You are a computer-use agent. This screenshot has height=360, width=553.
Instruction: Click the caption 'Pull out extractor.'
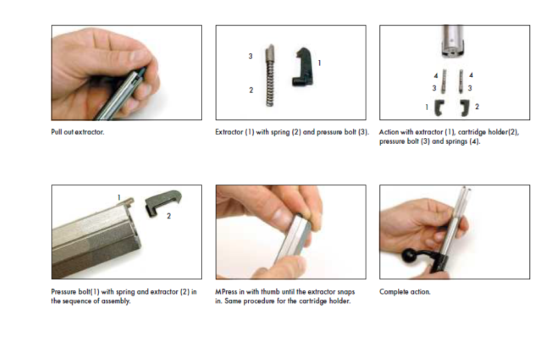click(x=77, y=132)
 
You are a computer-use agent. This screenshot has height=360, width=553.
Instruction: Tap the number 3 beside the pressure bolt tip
click(x=250, y=56)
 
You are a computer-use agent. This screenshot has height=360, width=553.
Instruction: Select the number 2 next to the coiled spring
click(x=251, y=91)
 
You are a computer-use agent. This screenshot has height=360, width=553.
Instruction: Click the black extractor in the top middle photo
click(x=303, y=67)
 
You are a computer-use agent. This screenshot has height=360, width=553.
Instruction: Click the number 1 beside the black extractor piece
click(x=319, y=63)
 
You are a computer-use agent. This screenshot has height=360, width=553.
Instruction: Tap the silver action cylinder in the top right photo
click(x=453, y=41)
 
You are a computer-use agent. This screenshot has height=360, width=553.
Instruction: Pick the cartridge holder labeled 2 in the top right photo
click(x=465, y=107)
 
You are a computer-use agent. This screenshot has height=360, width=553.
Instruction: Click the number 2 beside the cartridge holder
click(x=477, y=106)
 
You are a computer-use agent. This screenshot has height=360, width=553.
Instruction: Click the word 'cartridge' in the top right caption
click(x=471, y=132)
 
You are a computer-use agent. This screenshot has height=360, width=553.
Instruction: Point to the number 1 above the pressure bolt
click(x=119, y=198)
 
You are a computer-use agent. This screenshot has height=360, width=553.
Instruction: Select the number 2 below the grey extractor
click(x=169, y=216)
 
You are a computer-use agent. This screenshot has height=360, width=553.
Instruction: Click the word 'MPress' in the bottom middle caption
click(x=226, y=292)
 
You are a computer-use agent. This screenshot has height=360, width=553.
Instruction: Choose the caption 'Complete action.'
click(x=405, y=292)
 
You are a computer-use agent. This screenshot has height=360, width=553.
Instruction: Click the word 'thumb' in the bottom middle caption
click(x=270, y=292)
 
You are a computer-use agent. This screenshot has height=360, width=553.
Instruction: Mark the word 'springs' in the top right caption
click(x=457, y=142)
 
